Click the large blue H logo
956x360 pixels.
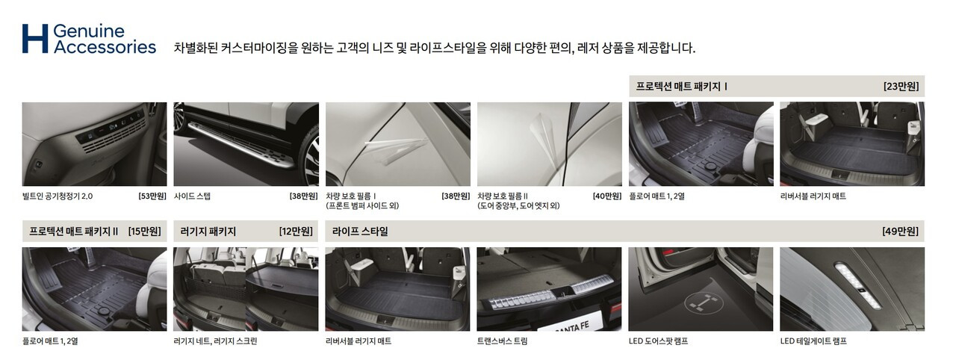(x=35, y=38)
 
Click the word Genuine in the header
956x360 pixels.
(x=89, y=31)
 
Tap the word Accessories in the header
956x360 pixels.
(x=105, y=47)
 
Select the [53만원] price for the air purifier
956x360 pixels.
(x=152, y=196)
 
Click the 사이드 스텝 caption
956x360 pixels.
(x=192, y=196)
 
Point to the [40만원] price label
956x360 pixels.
(x=607, y=196)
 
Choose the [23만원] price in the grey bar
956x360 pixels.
(x=901, y=87)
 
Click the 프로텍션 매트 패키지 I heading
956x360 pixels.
(x=682, y=87)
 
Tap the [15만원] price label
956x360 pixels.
(x=145, y=232)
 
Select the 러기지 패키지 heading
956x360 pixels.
(x=208, y=232)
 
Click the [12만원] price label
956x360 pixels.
(x=296, y=232)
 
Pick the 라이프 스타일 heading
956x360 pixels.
(x=360, y=232)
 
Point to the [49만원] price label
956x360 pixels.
(x=901, y=232)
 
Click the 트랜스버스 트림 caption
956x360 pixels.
(x=503, y=341)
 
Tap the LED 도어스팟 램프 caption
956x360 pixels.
(x=658, y=341)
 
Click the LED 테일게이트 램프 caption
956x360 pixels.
(x=813, y=341)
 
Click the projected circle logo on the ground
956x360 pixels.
(x=704, y=302)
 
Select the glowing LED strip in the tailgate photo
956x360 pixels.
(x=858, y=285)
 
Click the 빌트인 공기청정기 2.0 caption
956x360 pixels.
(x=58, y=196)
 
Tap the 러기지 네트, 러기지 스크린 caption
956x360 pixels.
(x=216, y=341)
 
